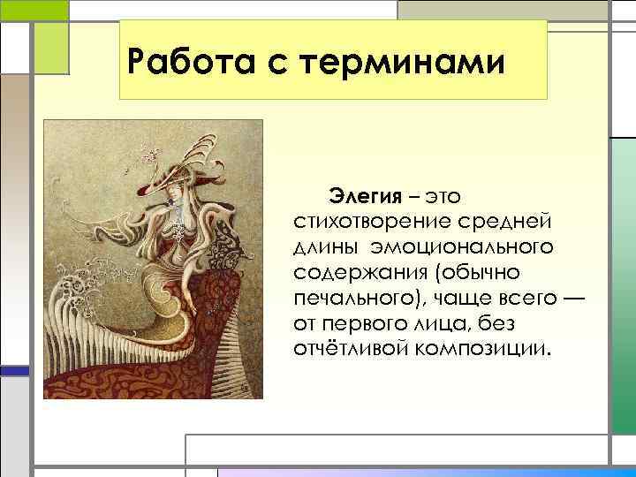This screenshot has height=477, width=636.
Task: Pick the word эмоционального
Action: pos(455,244)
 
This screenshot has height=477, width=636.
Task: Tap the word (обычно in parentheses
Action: pos(478,269)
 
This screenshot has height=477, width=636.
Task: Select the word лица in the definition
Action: pos(459,321)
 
